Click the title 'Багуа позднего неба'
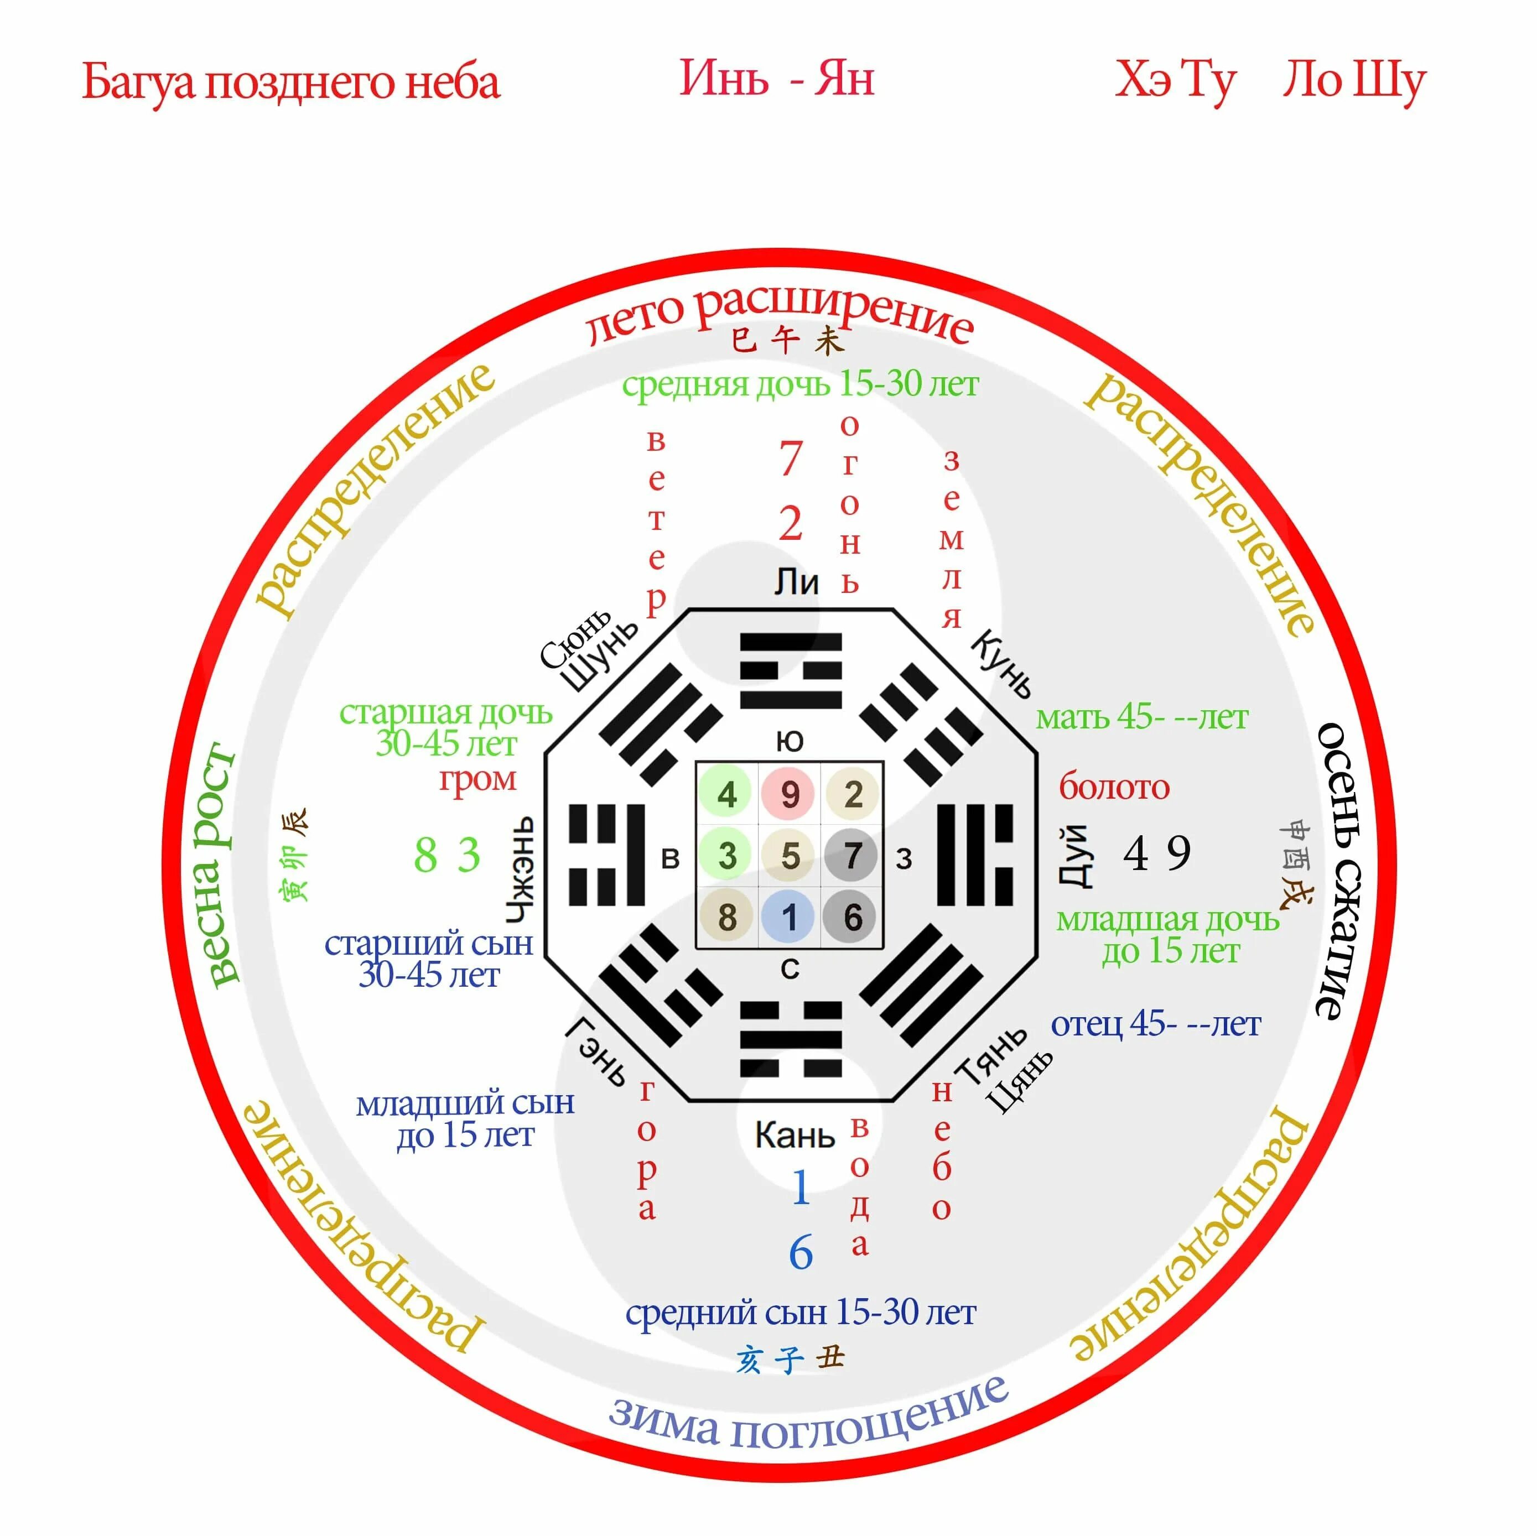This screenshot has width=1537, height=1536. click(x=291, y=82)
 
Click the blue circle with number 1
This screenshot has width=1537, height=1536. click(x=789, y=917)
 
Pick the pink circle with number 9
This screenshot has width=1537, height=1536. click(x=789, y=794)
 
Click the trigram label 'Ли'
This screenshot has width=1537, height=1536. click(x=796, y=583)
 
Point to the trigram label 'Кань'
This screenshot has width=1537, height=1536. click(x=794, y=1135)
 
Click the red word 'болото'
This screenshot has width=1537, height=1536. click(x=1114, y=788)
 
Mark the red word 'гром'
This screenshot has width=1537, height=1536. click(x=477, y=779)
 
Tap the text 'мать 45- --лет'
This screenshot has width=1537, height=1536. click(x=1141, y=717)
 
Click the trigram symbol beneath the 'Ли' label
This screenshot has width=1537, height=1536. click(x=790, y=670)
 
